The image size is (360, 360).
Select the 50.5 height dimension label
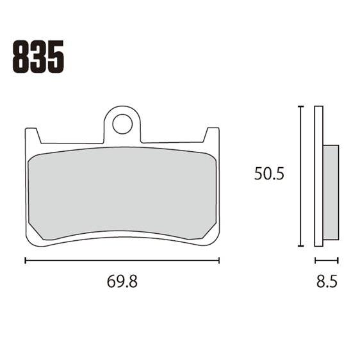[268, 174]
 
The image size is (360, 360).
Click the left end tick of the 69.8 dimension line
[25, 260]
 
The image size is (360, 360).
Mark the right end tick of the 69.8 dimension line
[219, 260]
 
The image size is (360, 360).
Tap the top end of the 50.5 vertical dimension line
[300, 107]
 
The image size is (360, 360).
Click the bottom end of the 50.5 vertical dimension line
[300, 246]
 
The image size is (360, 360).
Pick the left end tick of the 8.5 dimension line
[315, 260]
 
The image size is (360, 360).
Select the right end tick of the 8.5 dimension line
[338, 260]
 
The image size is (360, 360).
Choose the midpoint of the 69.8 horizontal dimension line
[122, 260]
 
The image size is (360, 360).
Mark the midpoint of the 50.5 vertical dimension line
[300, 176]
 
